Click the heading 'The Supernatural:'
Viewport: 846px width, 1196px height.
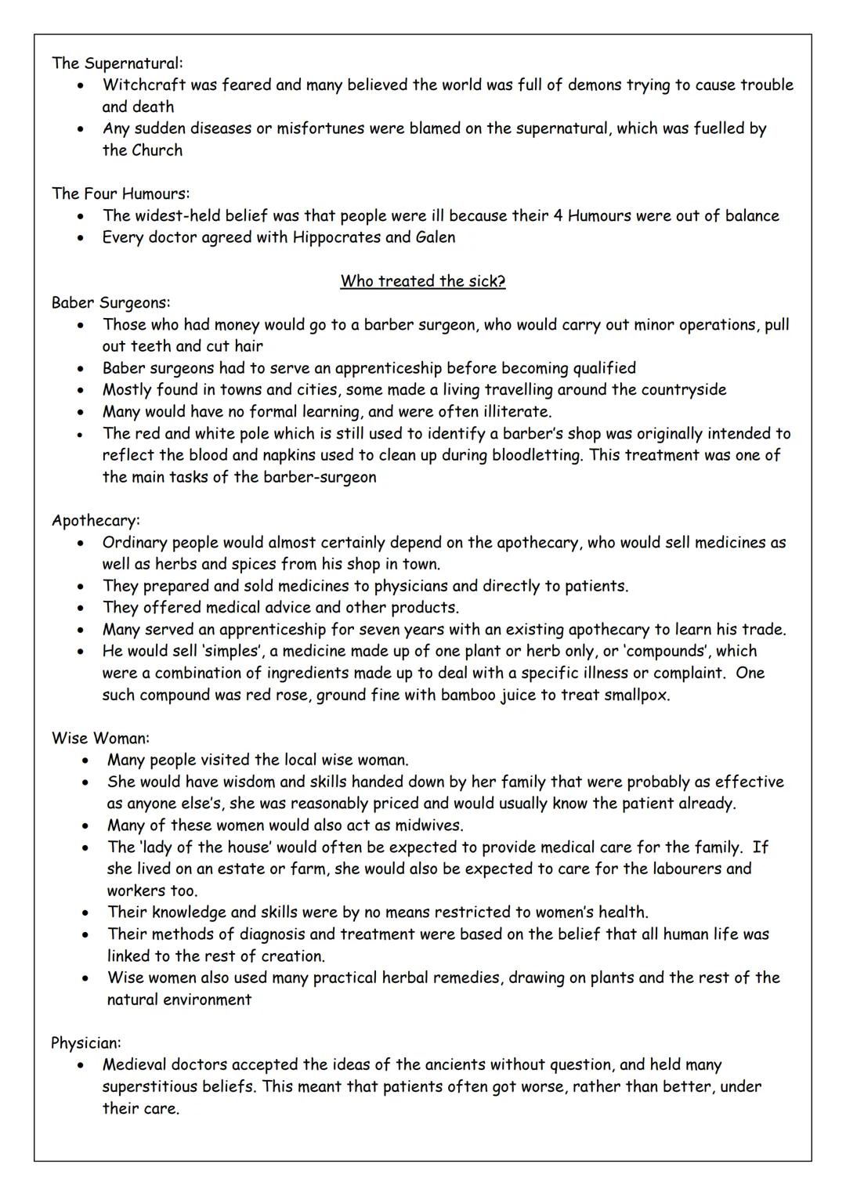[117, 63]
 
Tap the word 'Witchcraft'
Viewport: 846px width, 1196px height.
[142, 85]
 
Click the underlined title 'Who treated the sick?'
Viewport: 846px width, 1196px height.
[423, 281]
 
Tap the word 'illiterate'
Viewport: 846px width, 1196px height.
[514, 411]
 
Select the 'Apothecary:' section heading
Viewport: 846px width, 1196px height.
[96, 520]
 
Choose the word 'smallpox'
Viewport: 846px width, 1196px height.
[637, 695]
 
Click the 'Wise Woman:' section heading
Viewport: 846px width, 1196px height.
[100, 738]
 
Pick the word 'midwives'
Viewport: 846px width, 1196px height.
[429, 825]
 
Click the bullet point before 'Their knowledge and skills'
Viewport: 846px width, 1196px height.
[85, 912]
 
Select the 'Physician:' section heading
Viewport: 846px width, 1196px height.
[86, 1042]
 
